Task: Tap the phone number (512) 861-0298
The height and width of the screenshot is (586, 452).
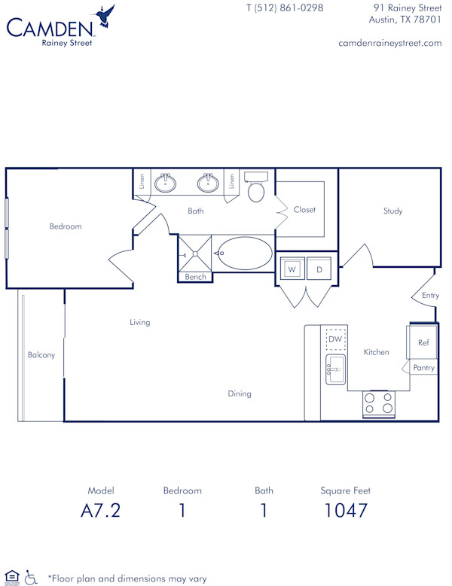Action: point(285,8)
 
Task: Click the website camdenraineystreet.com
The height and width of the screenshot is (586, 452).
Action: point(390,43)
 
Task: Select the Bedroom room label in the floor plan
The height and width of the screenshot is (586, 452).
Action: point(66,226)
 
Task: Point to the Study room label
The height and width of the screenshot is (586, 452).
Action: point(392,211)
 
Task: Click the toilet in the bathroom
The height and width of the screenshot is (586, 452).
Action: point(256,189)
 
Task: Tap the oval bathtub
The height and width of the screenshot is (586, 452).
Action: point(244,254)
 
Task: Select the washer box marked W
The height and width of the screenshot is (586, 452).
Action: point(292,269)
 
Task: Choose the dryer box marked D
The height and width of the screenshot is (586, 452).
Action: point(319,269)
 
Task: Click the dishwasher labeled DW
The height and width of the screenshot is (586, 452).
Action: point(335,340)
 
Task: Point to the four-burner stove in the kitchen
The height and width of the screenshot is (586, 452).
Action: point(378,404)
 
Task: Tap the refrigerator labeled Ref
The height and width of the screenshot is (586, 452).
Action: point(423,343)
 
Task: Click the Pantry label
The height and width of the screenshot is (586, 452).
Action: point(423,368)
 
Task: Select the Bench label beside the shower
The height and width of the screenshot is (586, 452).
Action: point(195,277)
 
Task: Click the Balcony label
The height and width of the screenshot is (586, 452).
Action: point(41,355)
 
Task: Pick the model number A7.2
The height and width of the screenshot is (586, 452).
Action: point(100,511)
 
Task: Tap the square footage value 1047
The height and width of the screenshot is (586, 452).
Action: point(346,511)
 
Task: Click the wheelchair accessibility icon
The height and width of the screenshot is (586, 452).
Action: point(31,577)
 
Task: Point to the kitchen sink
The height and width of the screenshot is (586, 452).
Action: point(335,369)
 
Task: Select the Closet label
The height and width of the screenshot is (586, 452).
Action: point(304,210)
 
